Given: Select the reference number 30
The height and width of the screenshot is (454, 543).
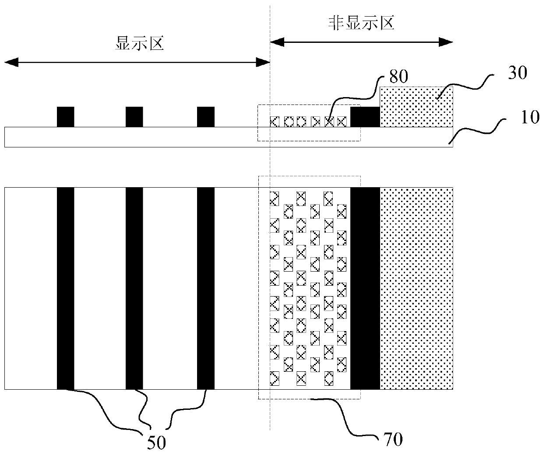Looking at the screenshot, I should pyautogui.click(x=516, y=73).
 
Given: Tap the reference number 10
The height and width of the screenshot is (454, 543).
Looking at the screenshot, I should pyautogui.click(x=530, y=118).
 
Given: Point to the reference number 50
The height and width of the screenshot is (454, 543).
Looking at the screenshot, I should pyautogui.click(x=156, y=443).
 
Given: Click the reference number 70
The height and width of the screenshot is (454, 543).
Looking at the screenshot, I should pyautogui.click(x=393, y=439).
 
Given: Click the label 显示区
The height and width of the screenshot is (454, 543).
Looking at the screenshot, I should pyautogui.click(x=139, y=44).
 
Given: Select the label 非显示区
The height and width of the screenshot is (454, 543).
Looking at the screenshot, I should pyautogui.click(x=361, y=23).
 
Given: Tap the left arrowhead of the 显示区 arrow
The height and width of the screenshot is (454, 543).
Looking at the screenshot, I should pyautogui.click(x=10, y=63).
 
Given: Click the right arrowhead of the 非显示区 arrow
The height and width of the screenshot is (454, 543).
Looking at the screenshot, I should pyautogui.click(x=447, y=42).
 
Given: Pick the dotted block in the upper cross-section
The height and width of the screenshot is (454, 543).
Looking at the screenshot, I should pyautogui.click(x=416, y=107).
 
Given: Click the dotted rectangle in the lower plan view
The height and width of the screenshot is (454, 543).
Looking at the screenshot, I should pyautogui.click(x=416, y=288).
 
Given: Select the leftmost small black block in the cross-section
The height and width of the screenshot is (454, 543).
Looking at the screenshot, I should pyautogui.click(x=65, y=117).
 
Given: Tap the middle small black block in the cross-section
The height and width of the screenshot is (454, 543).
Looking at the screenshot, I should pyautogui.click(x=134, y=117).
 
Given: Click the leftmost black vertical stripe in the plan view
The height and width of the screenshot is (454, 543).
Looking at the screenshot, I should pyautogui.click(x=65, y=288).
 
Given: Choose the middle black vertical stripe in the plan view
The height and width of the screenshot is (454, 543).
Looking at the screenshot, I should pyautogui.click(x=134, y=288).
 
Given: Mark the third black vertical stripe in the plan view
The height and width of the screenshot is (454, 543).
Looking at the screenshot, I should pyautogui.click(x=206, y=288).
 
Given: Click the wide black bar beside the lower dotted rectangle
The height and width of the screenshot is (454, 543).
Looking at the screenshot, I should pyautogui.click(x=365, y=288).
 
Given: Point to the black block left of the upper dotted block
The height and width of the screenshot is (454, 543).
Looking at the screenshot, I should pyautogui.click(x=365, y=117).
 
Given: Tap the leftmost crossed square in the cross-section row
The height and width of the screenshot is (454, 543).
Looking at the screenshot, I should pyautogui.click(x=275, y=121).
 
